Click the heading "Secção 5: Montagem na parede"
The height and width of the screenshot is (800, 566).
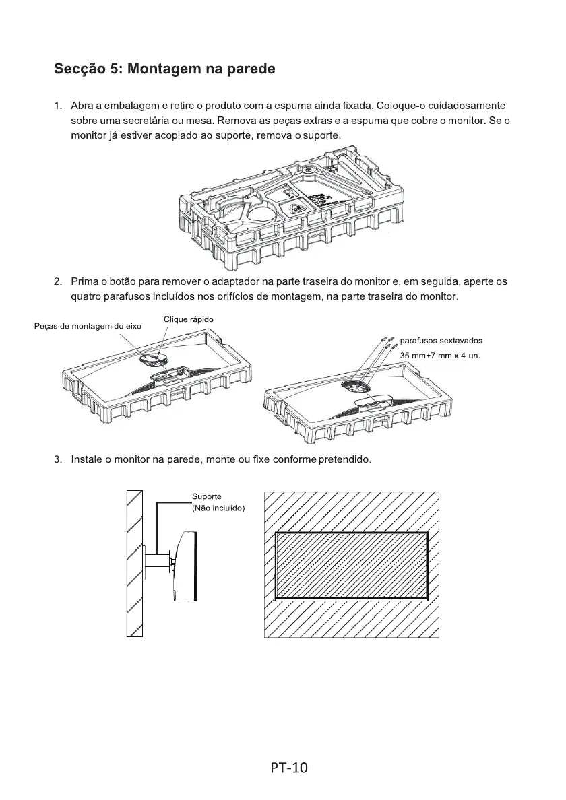click(164, 70)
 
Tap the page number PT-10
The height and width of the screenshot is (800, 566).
click(289, 768)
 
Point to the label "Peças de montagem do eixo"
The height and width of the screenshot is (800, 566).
click(88, 327)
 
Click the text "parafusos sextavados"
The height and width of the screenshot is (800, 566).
click(441, 341)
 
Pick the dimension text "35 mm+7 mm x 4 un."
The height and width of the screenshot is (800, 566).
click(440, 355)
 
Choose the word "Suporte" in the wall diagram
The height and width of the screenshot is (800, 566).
click(207, 496)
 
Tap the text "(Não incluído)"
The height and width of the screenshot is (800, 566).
click(218, 508)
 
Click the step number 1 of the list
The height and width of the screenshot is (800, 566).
click(57, 106)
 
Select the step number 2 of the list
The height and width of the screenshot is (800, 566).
click(57, 281)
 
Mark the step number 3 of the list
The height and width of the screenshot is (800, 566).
click(57, 460)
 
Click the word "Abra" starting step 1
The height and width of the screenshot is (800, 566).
click(82, 106)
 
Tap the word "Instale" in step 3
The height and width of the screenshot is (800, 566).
click(86, 460)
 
